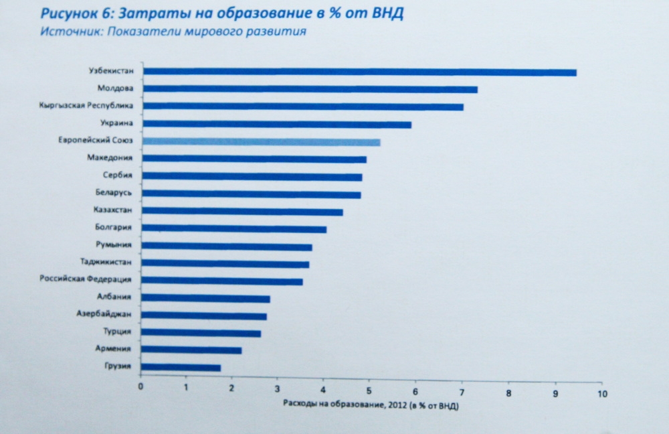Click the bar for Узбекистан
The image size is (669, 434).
[x=359, y=72]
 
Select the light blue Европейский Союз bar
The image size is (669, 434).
[x=262, y=142]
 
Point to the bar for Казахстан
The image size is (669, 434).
[x=243, y=212]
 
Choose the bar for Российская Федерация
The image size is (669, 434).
[x=223, y=281]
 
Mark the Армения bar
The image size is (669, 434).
[x=192, y=350]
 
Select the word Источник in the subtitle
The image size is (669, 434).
[x=62, y=31]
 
